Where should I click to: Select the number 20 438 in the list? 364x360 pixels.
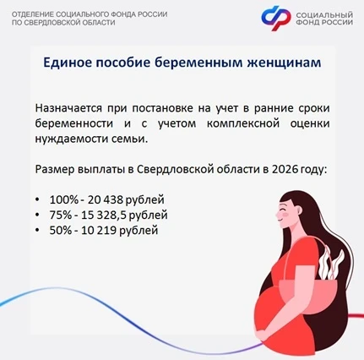pos(106,199)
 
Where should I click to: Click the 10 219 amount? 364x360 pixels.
pos(99,230)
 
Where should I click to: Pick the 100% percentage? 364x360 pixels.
pos(64,199)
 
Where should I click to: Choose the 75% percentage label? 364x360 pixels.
pos(61,215)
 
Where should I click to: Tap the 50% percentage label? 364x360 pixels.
pos(61,230)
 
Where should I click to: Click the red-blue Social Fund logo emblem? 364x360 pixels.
pos(276,19)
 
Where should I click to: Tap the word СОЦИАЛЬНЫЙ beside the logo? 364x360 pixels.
pos(324,15)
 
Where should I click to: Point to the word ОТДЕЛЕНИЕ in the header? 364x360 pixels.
pos(33,14)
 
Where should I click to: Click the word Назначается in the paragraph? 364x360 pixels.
pos(68,108)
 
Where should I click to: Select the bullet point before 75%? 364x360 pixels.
pos(37,215)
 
